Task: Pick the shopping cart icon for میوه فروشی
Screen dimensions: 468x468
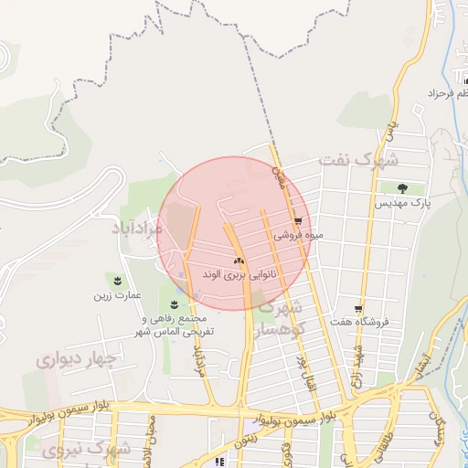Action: [x=298, y=221]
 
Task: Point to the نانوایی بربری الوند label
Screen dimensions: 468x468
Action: [x=239, y=273]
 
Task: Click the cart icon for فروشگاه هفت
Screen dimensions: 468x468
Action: [x=358, y=309]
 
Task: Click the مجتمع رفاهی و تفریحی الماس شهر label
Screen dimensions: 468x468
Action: [x=175, y=324]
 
